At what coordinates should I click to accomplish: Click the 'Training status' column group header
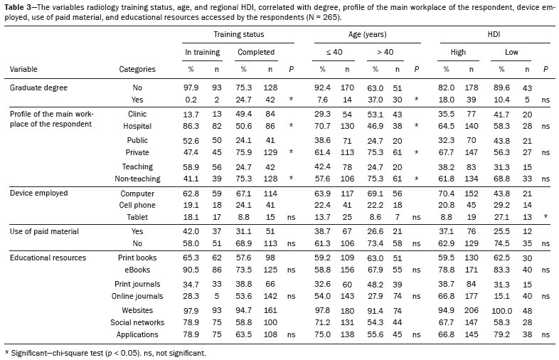(x=238, y=34)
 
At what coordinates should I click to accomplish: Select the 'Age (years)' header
(x=367, y=34)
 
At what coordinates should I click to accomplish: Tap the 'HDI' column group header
(x=494, y=34)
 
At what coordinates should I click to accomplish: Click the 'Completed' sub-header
(x=256, y=52)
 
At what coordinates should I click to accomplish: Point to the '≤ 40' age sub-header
(x=334, y=52)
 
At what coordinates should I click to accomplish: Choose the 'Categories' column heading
(x=137, y=69)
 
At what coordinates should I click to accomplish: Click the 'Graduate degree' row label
(x=38, y=88)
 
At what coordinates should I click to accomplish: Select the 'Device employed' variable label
(x=39, y=193)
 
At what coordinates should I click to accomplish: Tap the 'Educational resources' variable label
(x=48, y=258)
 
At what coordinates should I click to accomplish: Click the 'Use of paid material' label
(x=44, y=231)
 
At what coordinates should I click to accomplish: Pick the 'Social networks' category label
(x=137, y=322)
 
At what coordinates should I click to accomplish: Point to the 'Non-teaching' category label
(x=137, y=179)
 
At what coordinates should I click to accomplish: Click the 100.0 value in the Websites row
(x=501, y=311)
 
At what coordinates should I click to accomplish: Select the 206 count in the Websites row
(x=472, y=310)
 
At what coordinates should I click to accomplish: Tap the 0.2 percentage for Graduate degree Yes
(x=191, y=100)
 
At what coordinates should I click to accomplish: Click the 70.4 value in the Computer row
(x=447, y=194)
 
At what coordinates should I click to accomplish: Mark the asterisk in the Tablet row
(x=545, y=216)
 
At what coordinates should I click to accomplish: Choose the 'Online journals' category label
(x=137, y=296)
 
